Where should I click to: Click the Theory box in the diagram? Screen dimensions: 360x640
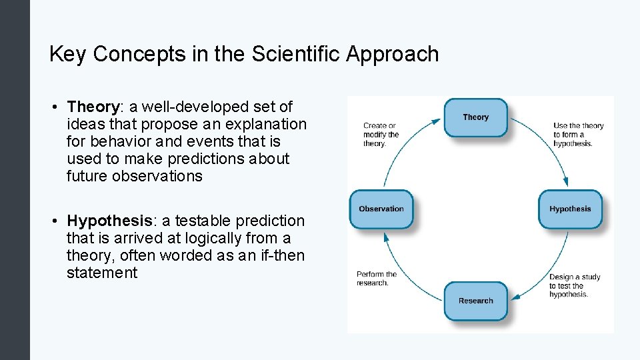point(475,117)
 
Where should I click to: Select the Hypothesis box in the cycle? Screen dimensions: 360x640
point(570,209)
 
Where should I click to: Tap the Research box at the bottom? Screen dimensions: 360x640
point(475,301)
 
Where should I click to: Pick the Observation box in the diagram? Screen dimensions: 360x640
point(381,209)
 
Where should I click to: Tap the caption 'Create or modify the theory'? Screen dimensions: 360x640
point(381,135)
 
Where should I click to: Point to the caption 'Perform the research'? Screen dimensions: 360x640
point(377,278)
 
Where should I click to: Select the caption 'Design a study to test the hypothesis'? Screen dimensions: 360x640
point(573,285)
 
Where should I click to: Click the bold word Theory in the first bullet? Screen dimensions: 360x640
point(92,107)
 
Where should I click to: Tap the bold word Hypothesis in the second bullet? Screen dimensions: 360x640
point(109,221)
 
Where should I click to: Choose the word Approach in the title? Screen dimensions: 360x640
point(393,55)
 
